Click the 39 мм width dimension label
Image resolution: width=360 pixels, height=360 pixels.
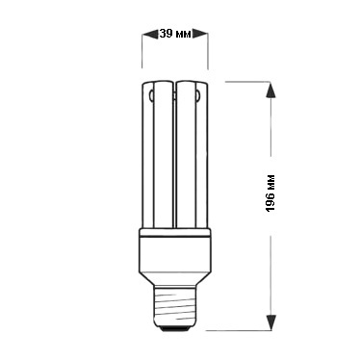point(175,34)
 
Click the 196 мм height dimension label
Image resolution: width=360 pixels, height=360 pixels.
point(270,193)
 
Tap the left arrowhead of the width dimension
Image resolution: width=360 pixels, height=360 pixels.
point(150,34)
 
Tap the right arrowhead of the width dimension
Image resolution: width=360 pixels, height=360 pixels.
point(200,34)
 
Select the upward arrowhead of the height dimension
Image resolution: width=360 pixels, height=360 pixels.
point(271,90)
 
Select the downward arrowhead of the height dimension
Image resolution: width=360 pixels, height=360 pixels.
point(271,321)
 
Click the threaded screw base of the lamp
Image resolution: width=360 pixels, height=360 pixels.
point(175,306)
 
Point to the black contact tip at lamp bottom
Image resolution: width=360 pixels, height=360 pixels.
point(175,328)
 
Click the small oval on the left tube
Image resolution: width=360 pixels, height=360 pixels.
point(151,95)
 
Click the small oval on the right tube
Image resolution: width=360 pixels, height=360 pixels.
point(198,95)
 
